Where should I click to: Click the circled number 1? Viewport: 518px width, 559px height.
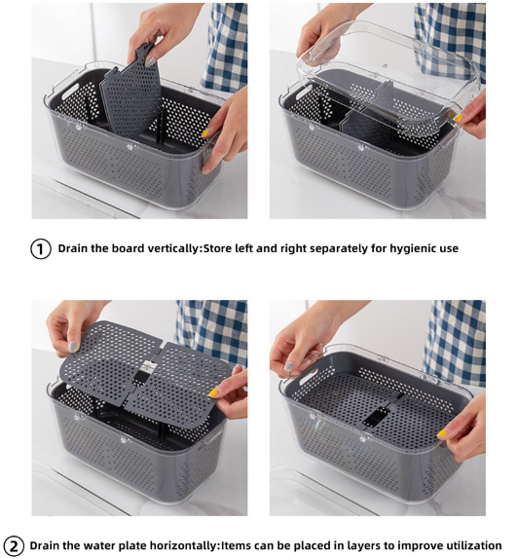point(41,248)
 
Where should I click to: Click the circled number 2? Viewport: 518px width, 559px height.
point(14,545)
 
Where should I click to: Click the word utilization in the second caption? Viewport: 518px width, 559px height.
point(467,545)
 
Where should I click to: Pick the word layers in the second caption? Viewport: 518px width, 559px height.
point(371,545)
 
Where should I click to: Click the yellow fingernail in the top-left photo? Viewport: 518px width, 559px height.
point(205,133)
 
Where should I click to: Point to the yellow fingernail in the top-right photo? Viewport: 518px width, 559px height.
point(458,117)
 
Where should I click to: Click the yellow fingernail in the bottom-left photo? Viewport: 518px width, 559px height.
point(212,391)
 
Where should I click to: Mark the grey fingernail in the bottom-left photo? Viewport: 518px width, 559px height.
point(73,346)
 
